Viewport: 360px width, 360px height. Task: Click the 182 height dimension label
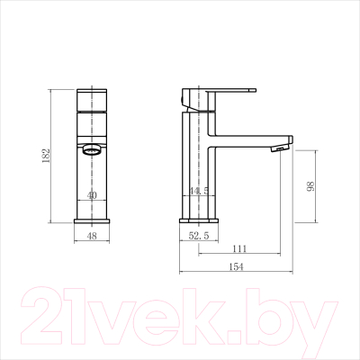46,156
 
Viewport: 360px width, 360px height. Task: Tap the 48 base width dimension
92,236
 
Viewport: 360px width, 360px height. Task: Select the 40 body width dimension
92,195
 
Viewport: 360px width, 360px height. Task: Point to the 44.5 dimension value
199,191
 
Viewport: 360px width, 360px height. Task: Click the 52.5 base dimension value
199,236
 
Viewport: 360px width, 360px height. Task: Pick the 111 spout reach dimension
239,248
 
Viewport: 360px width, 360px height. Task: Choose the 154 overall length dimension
237,266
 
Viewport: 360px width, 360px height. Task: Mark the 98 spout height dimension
310,186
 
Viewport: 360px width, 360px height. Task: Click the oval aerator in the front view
92,149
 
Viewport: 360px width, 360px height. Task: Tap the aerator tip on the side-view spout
280,148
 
